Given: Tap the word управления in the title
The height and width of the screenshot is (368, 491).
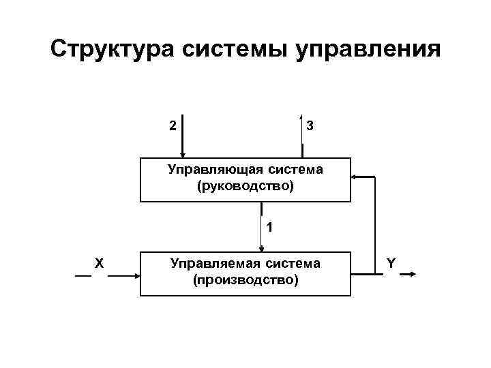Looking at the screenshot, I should click(x=368, y=50).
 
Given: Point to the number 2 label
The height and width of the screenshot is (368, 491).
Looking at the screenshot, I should click(x=173, y=125).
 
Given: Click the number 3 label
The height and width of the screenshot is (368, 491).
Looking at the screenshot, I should click(x=310, y=126).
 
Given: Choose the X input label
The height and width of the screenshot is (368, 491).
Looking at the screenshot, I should click(x=99, y=262).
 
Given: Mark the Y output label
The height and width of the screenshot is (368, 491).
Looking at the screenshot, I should click(x=391, y=262).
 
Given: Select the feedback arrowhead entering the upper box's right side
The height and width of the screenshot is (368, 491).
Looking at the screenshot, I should click(x=355, y=177).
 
